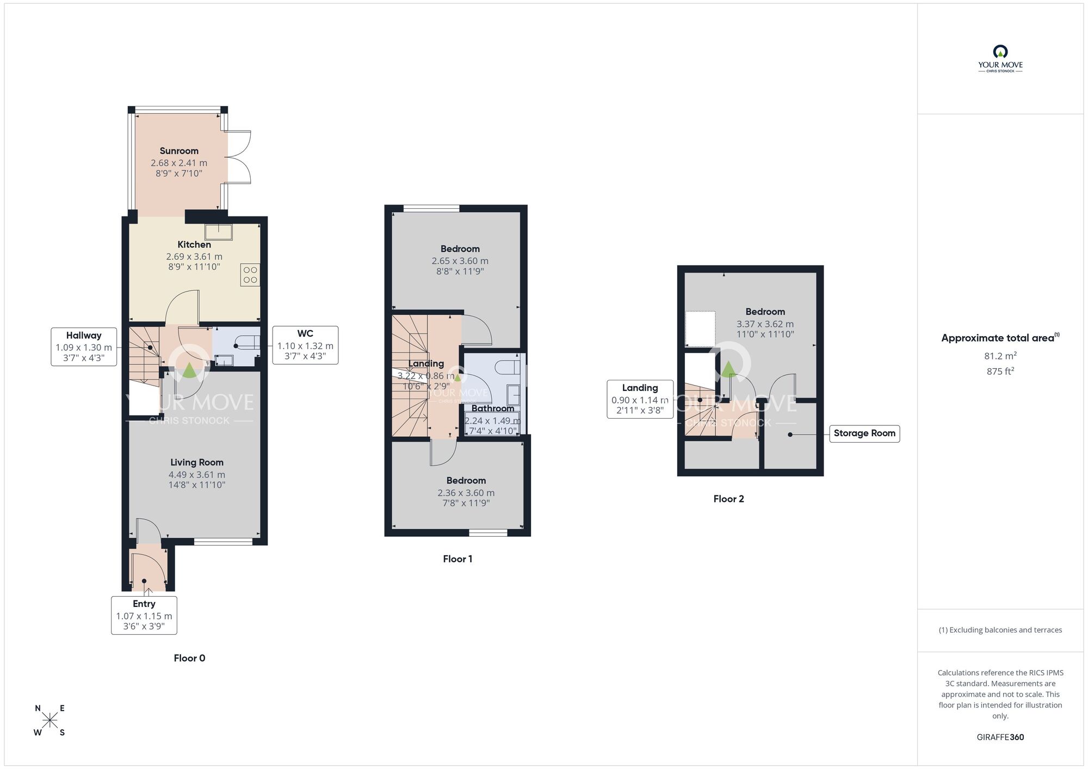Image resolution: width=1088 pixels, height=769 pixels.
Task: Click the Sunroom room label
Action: pyautogui.click(x=179, y=151)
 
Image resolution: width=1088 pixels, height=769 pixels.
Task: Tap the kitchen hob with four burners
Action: pyautogui.click(x=250, y=275)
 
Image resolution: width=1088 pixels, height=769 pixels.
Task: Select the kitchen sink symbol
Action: pyautogui.click(x=219, y=232)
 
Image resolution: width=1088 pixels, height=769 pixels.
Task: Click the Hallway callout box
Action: pyautogui.click(x=84, y=346)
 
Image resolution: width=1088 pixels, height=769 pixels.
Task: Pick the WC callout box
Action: pyautogui.click(x=305, y=345)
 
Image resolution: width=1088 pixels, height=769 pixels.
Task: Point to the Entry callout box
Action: pyautogui.click(x=144, y=615)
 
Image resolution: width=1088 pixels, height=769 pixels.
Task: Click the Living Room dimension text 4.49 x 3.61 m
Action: pyautogui.click(x=197, y=474)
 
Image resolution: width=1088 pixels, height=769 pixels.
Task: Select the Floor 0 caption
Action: pyautogui.click(x=189, y=658)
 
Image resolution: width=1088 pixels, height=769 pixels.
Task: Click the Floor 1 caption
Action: pyautogui.click(x=458, y=559)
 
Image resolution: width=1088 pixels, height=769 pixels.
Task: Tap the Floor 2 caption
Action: pyautogui.click(x=728, y=499)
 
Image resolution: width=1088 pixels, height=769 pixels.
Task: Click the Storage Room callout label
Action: pyautogui.click(x=864, y=433)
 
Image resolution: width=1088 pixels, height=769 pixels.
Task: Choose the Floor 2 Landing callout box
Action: pyautogui.click(x=640, y=399)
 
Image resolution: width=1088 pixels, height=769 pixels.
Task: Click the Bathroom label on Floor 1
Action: pyautogui.click(x=492, y=408)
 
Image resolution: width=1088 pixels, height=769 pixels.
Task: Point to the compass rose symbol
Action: pyautogui.click(x=50, y=721)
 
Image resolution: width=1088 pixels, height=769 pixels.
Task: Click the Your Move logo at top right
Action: pyautogui.click(x=1000, y=59)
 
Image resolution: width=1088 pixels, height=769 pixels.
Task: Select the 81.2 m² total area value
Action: pyautogui.click(x=1000, y=356)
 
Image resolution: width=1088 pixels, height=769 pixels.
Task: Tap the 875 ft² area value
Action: pyautogui.click(x=1000, y=371)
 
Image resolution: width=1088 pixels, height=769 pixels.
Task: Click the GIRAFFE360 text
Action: pyautogui.click(x=1000, y=737)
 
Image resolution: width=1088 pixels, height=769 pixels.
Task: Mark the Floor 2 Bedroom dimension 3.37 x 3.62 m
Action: pyautogui.click(x=765, y=324)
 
